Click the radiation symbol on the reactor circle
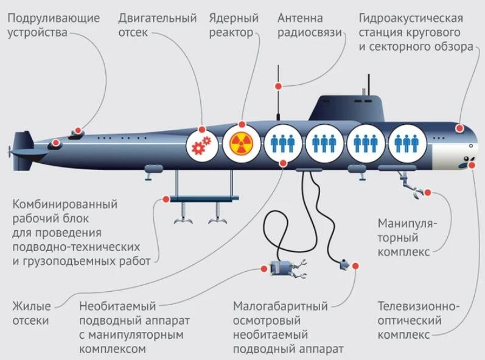coord(241,144)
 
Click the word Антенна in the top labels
coord(300,18)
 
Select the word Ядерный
coord(234,18)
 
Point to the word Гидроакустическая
coord(411,18)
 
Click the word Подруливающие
coord(54,18)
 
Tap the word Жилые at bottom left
coord(32,306)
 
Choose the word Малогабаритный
coord(281,306)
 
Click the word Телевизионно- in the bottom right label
coord(419,306)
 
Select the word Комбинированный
coord(65,204)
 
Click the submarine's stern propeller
coord(9,152)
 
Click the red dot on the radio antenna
coord(278,86)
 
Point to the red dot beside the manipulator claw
coord(427,192)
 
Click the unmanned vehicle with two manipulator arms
coord(288,269)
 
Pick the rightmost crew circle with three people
coord(407,143)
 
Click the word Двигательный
coord(158,18)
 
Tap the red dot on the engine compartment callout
coord(202,129)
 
